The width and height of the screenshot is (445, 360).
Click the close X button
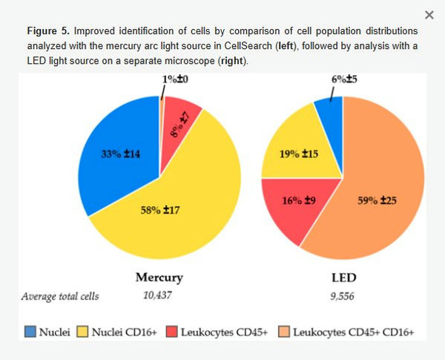(x=429, y=15)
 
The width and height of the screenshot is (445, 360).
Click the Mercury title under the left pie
(x=159, y=278)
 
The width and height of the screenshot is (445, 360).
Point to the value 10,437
(x=158, y=295)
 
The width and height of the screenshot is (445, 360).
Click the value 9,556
(x=342, y=295)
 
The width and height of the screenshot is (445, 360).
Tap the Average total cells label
(x=59, y=295)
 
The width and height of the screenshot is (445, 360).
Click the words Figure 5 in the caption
(x=48, y=32)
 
